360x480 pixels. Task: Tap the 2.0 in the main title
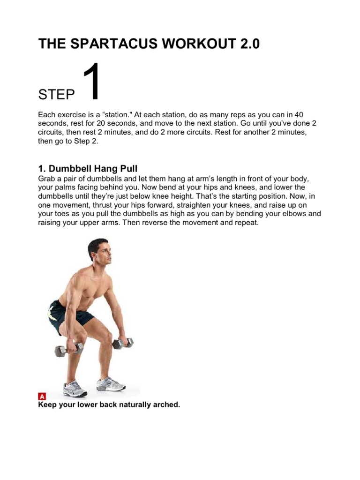(x=246, y=44)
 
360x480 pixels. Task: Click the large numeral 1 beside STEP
(x=90, y=83)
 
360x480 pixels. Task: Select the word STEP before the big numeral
(x=56, y=95)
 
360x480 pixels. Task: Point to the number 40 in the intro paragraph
(x=296, y=115)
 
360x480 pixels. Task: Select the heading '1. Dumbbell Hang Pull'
(x=88, y=169)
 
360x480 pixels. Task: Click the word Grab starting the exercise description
(x=47, y=179)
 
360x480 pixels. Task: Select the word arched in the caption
(x=166, y=405)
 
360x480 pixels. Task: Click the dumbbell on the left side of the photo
(x=67, y=349)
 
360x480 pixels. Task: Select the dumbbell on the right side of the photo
(x=123, y=343)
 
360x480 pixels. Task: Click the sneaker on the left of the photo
(x=75, y=389)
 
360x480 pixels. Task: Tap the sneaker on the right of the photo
(x=111, y=384)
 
